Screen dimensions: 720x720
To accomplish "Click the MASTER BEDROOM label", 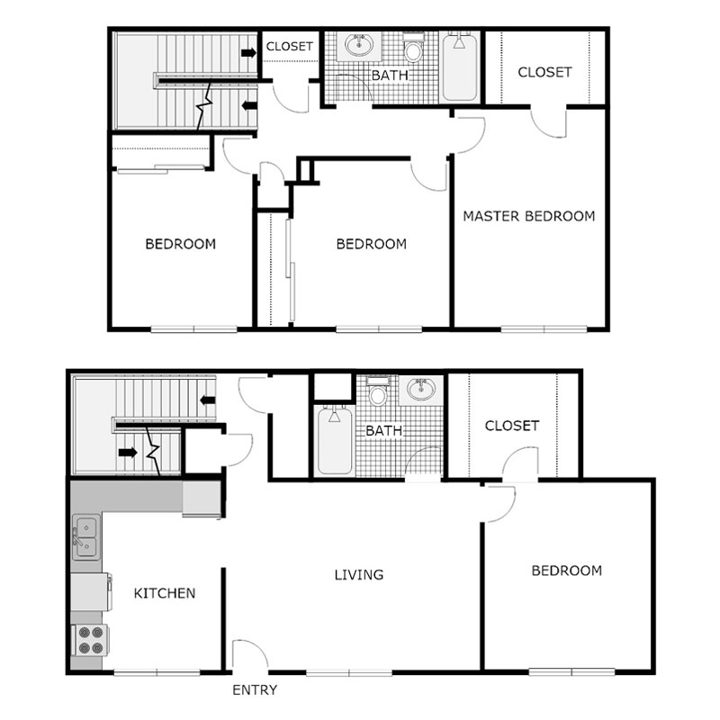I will point(528,216).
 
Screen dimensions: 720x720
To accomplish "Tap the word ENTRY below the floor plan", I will point(255,691).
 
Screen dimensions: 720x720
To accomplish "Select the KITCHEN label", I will point(165,593).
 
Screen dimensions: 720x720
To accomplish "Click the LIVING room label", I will point(359,574).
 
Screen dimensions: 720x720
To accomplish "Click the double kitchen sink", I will point(87,537).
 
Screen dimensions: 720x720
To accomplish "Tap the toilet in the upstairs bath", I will point(413,47).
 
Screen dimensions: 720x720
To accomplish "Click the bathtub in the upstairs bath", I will point(460,67).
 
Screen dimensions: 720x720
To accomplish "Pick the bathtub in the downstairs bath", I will point(334,441).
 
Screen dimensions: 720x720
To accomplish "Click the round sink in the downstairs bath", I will point(420,391).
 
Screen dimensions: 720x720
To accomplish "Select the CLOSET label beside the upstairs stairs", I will point(290,46).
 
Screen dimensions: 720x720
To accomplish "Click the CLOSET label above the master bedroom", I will point(544,72).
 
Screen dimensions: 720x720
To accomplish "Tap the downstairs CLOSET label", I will point(511,426).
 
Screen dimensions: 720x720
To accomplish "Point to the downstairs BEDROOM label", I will point(566,571).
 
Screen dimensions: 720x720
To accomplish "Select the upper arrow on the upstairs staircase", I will point(247,54).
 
